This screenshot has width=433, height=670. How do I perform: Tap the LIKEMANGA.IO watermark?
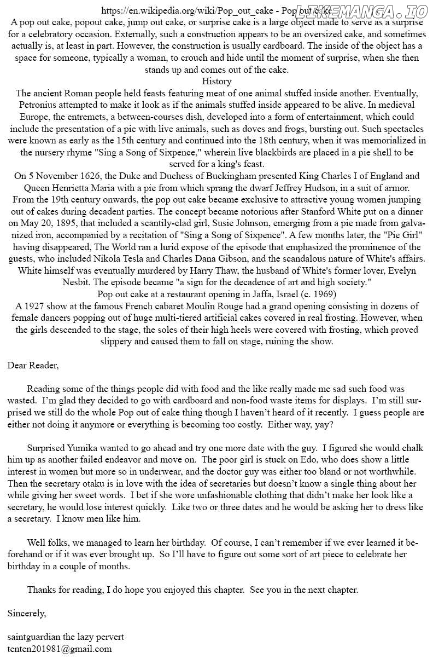click(361, 11)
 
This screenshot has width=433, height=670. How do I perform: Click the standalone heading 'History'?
click(216, 82)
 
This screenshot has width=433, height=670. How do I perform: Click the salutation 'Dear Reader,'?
click(33, 365)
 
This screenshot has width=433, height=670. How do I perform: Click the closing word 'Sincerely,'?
click(27, 614)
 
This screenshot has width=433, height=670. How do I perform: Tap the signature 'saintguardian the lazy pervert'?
click(66, 637)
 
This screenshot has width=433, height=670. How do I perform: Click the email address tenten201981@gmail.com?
click(60, 649)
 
